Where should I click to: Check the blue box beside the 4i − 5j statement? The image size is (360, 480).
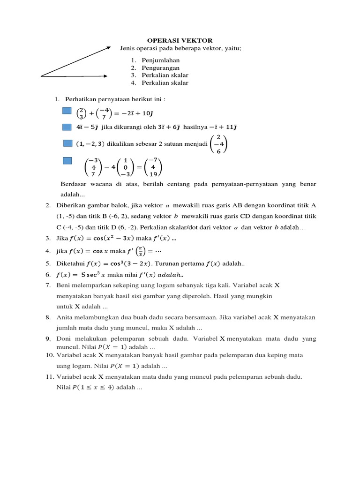[67, 127]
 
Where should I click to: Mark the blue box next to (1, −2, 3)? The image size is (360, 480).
[67, 143]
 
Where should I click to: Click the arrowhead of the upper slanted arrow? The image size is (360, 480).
[109, 47]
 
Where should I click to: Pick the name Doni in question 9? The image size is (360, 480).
[64, 338]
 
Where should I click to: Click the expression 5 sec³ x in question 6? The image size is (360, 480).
[89, 274]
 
